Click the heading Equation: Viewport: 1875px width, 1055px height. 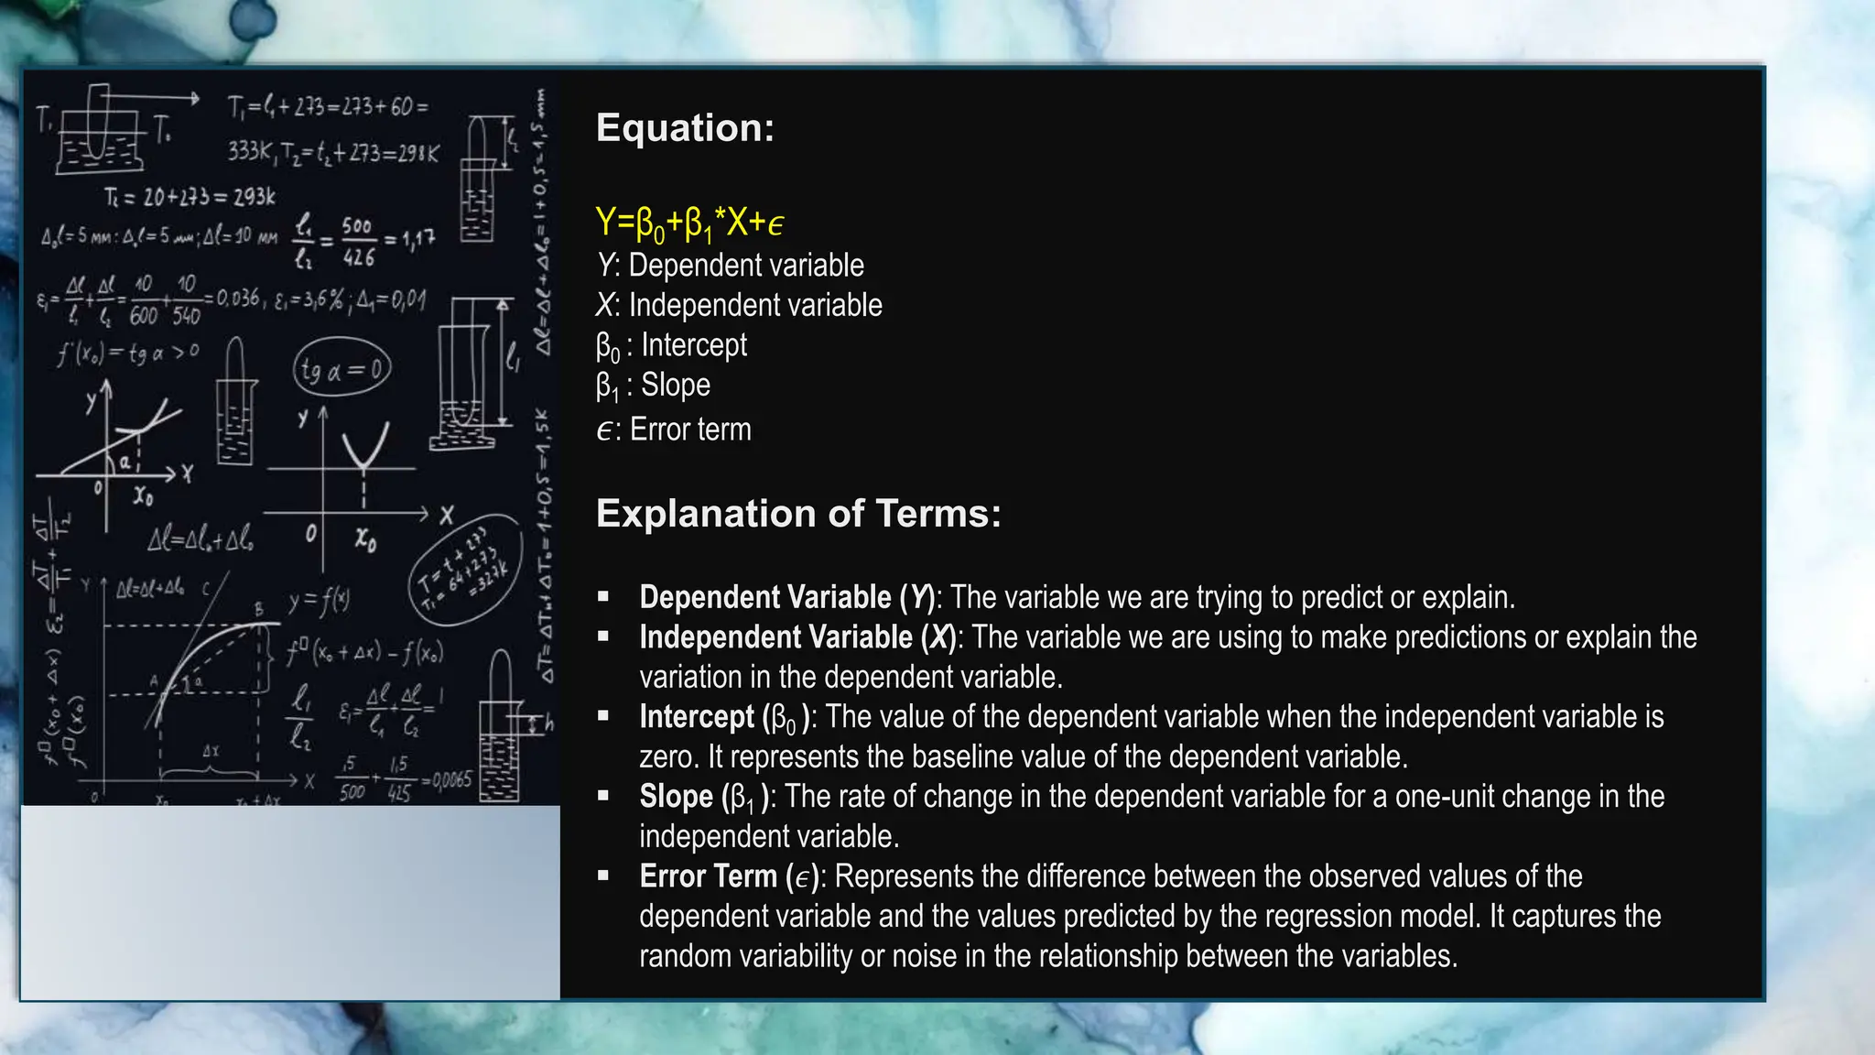(685, 128)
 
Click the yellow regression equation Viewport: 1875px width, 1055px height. (688, 223)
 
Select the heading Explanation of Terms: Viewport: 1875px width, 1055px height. (798, 514)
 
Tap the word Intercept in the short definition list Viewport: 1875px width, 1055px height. (694, 345)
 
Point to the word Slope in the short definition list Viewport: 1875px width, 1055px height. (676, 385)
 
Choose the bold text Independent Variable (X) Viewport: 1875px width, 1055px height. (797, 637)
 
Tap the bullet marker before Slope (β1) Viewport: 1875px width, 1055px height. (603, 797)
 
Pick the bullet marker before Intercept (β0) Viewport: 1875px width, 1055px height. (603, 717)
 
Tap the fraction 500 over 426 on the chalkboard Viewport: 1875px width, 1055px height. (357, 242)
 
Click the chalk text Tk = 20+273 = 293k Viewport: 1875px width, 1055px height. (190, 197)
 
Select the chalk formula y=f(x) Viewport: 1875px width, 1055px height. (319, 601)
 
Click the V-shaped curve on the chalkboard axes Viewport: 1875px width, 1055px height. (365, 448)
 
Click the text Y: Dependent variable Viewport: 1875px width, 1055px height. (730, 266)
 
